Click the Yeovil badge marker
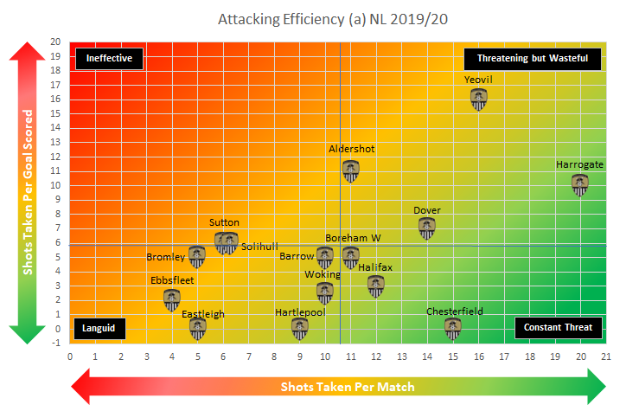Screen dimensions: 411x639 coord(478,100)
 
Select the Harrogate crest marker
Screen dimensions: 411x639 coord(580,185)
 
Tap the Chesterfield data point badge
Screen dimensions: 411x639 coord(452,328)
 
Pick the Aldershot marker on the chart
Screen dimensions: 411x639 coord(350,170)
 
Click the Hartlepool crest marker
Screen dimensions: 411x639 coord(299,328)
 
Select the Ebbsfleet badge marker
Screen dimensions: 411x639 coord(172,299)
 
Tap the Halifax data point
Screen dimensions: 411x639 coord(375,286)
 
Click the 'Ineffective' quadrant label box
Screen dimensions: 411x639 coord(109,58)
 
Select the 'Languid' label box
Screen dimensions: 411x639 coord(99,328)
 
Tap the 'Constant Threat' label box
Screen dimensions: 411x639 coord(559,328)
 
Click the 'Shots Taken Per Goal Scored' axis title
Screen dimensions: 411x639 coord(29,192)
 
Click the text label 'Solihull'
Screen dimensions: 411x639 coord(259,247)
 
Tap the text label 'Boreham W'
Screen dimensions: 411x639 coord(353,238)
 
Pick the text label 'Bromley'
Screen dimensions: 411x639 coord(165,257)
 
